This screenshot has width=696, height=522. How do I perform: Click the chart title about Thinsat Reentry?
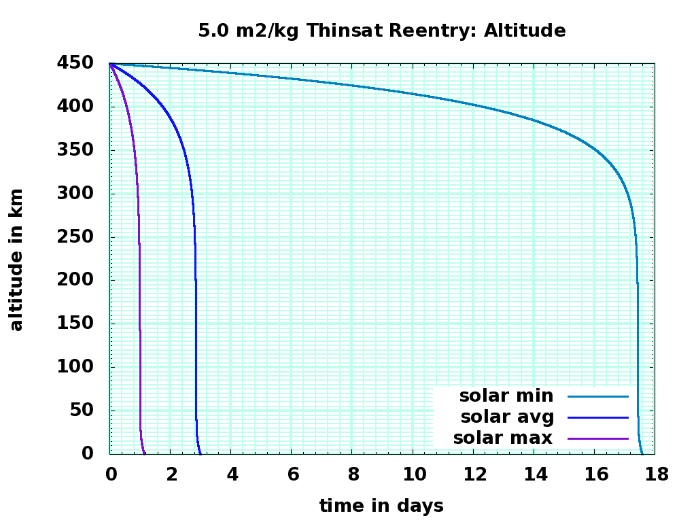[381, 31]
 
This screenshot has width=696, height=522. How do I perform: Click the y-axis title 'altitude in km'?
[16, 260]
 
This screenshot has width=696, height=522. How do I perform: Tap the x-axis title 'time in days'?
[381, 506]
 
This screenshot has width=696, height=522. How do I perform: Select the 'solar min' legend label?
[506, 396]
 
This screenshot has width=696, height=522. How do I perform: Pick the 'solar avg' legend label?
[507, 416]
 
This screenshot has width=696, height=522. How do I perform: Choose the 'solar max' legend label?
[503, 438]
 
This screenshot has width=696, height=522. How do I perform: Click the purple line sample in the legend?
[598, 438]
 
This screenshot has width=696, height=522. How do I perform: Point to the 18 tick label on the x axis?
[655, 474]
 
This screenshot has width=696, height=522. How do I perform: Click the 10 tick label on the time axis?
[413, 474]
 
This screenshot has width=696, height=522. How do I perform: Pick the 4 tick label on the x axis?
[232, 474]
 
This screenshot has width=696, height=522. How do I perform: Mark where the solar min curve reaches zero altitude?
[642, 453]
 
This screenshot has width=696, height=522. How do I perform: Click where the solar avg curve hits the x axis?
[201, 453]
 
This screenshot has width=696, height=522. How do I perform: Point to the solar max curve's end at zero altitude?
[145, 453]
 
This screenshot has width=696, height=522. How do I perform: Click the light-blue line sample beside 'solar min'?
[598, 396]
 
